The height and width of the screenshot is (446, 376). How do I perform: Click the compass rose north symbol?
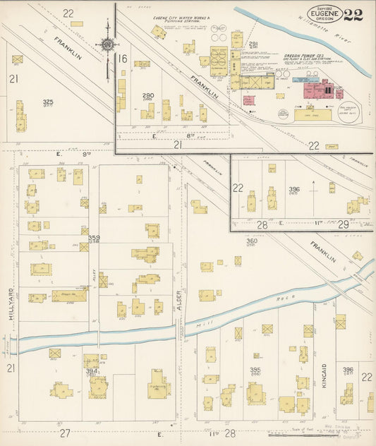(107, 44)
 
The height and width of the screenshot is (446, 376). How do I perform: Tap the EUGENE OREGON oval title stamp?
(325, 14)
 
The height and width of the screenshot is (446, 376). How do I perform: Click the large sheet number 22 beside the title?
(353, 15)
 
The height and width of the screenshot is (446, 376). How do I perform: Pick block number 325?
(47, 102)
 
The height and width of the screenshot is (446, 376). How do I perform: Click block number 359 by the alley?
(93, 238)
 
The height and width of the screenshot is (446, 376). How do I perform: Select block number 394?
(91, 370)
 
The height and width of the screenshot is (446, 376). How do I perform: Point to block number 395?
(255, 370)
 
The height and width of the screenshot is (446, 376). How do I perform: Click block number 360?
(251, 241)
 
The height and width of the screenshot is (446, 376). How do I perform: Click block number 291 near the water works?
(253, 44)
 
